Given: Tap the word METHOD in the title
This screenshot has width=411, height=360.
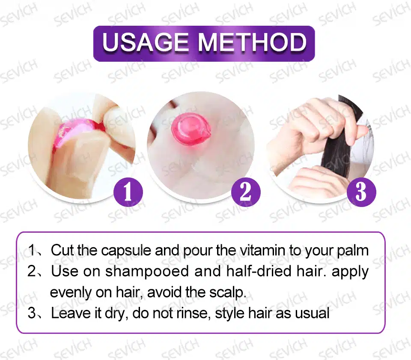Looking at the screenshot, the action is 252,42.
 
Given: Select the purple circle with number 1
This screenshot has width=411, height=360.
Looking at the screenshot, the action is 128,192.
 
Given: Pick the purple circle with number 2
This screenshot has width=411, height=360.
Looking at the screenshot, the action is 246,192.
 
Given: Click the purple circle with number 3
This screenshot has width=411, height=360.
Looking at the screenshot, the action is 361,192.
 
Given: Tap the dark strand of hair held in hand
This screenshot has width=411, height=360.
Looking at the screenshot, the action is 338,136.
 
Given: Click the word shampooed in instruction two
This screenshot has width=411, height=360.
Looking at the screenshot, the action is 147,272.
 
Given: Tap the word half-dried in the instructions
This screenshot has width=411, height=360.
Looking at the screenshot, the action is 259,271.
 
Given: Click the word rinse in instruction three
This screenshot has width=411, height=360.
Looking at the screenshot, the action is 194,313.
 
